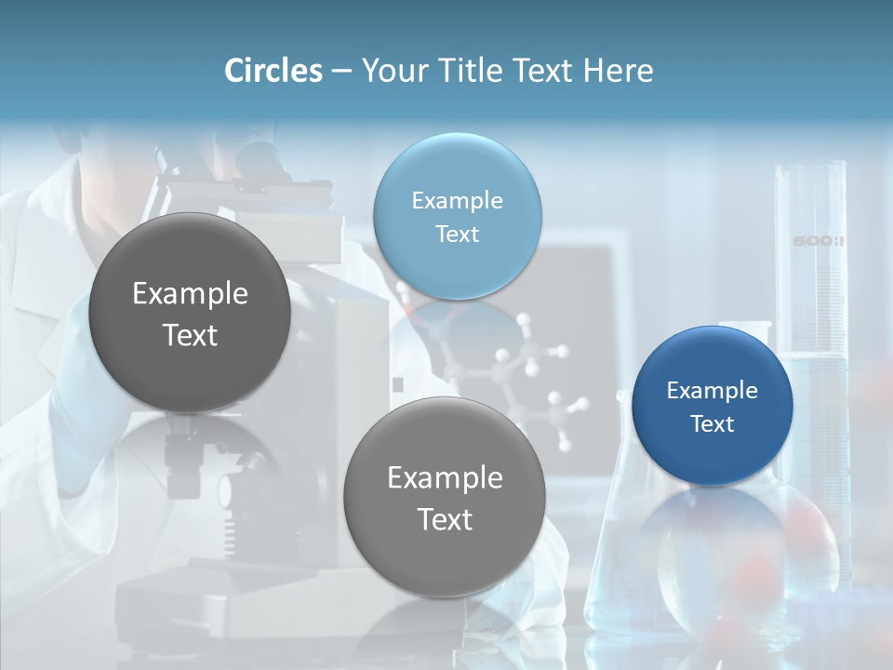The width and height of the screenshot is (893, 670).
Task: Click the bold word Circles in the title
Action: point(273,71)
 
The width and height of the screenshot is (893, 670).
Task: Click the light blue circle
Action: point(457,216)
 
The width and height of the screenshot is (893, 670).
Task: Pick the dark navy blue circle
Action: point(712,406)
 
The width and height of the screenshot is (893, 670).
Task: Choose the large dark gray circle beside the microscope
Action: point(190,313)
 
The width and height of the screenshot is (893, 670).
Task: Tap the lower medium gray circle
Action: point(445,497)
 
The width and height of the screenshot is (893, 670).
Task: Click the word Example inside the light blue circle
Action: point(457,200)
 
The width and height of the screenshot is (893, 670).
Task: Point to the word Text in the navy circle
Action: point(713,424)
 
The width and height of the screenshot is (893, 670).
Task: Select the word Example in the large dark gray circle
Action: point(190,294)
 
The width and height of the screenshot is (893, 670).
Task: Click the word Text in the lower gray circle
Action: point(446,519)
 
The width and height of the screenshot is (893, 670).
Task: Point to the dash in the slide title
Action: point(341,71)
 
